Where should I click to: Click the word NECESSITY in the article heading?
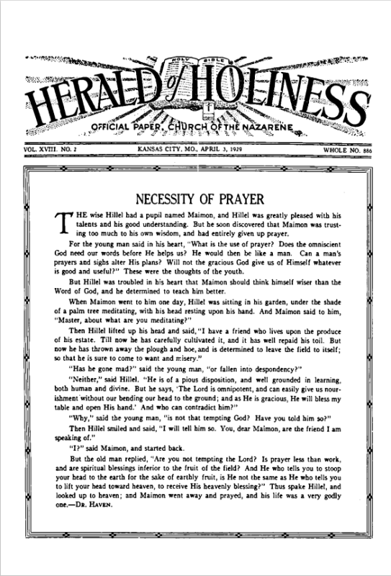(168, 198)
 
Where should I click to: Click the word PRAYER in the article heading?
(238, 198)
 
